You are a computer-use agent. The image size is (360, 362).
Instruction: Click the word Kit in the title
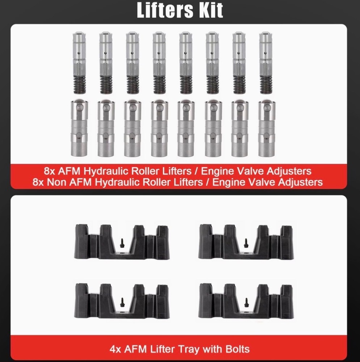click(211, 10)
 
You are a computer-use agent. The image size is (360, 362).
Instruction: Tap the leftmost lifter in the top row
click(79, 63)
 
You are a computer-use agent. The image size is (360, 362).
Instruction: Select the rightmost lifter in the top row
click(266, 63)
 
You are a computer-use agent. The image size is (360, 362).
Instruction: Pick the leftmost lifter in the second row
click(79, 128)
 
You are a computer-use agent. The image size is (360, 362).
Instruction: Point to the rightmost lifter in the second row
click(267, 128)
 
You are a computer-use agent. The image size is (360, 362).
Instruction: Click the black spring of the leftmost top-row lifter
click(80, 85)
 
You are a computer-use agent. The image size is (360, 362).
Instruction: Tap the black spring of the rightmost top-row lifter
click(266, 85)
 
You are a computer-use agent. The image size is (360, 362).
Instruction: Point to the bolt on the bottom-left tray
click(122, 302)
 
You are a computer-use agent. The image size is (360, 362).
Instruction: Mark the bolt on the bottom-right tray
click(246, 302)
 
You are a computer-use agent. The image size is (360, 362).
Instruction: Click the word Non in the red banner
click(56, 182)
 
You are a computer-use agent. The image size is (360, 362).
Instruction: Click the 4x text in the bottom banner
click(115, 349)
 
